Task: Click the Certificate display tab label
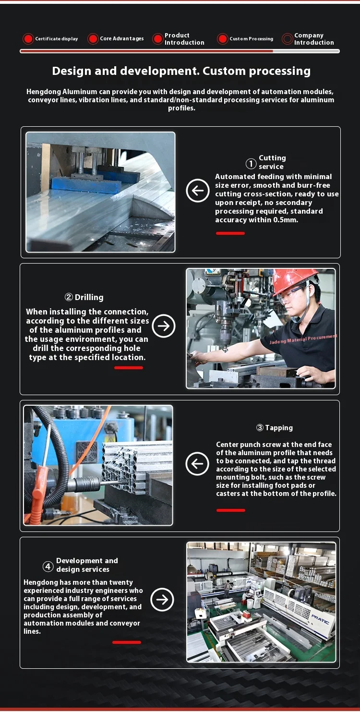(x=56, y=39)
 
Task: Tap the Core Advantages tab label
(x=121, y=39)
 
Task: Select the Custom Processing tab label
(x=251, y=39)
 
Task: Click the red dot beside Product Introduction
(x=157, y=39)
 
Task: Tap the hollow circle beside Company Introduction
(x=287, y=39)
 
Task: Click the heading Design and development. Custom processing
(x=181, y=71)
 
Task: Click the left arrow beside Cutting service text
(x=198, y=191)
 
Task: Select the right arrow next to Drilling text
(x=164, y=326)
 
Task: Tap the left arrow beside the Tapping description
(x=197, y=464)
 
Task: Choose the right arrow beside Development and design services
(x=162, y=599)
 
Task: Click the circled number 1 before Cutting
(x=251, y=164)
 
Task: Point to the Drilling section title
(x=84, y=297)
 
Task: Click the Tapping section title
(x=275, y=428)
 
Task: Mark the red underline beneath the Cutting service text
(x=230, y=233)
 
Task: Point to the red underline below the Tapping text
(x=231, y=510)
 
